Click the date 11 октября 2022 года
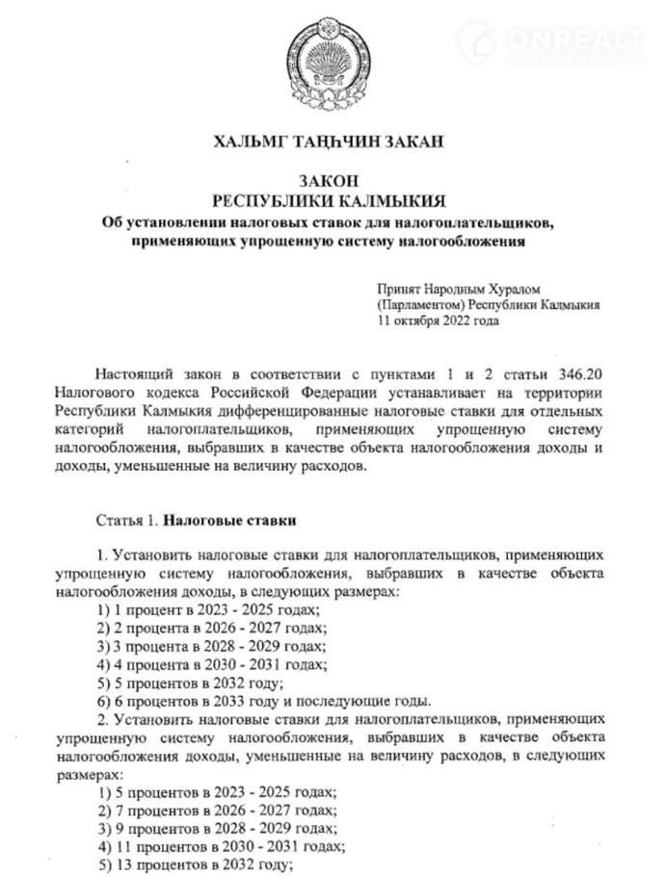(439, 321)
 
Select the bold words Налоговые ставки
(228, 521)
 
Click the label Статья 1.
(126, 521)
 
